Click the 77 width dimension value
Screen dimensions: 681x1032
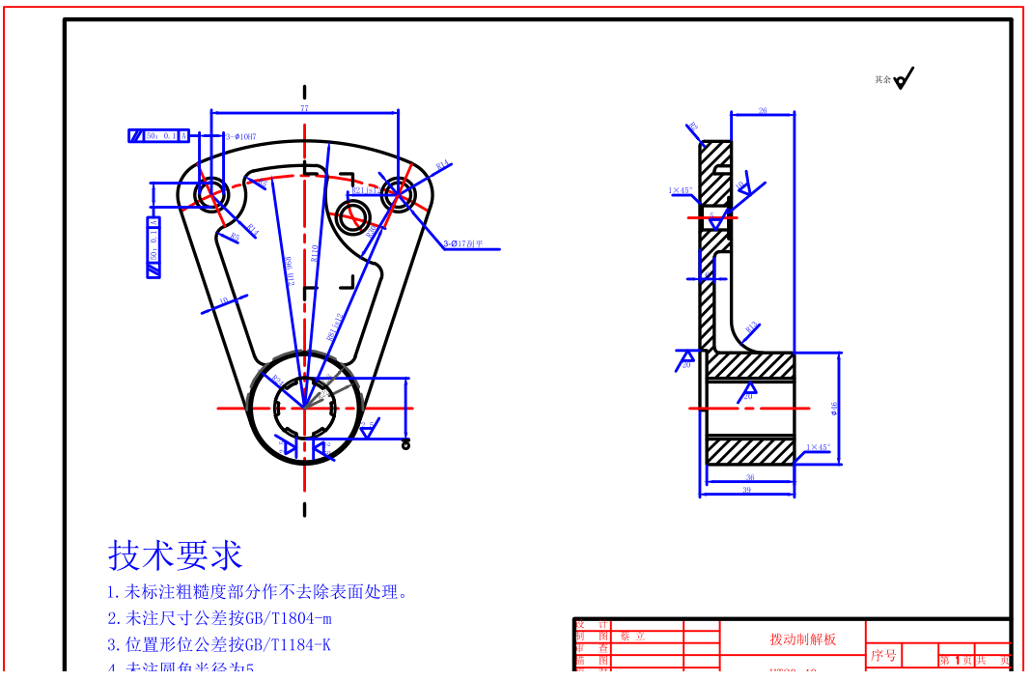click(304, 109)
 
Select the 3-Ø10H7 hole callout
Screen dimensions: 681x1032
click(241, 137)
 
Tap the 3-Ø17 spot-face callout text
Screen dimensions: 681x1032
click(470, 244)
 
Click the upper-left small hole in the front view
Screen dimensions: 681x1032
click(211, 193)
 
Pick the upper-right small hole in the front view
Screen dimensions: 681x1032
click(397, 194)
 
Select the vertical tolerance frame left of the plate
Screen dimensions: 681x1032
click(153, 248)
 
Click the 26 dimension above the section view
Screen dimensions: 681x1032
click(763, 111)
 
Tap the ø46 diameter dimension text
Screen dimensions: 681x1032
click(834, 409)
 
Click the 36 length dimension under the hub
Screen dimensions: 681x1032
click(750, 478)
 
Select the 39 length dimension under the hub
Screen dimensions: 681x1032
click(746, 491)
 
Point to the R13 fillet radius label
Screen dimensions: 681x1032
click(751, 326)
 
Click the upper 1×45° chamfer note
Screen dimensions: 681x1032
click(681, 190)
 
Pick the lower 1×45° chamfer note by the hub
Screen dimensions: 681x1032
click(818, 447)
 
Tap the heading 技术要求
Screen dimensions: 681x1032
click(175, 555)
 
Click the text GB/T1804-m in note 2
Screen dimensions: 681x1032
click(289, 618)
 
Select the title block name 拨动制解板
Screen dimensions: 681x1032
click(802, 639)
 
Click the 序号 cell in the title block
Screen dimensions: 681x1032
click(883, 656)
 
